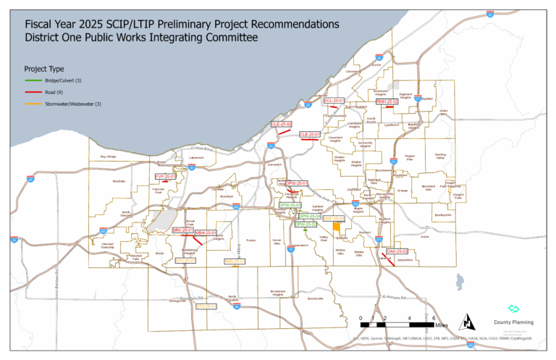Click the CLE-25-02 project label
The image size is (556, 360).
pyautogui.click(x=281, y=125)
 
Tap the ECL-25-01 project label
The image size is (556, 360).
pyautogui.click(x=334, y=101)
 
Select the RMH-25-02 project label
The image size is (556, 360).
pyautogui.click(x=387, y=101)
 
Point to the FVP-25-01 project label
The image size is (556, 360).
pyautogui.click(x=165, y=176)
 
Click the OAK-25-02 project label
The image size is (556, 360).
pyautogui.click(x=397, y=251)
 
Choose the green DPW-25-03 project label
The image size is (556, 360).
pyautogui.click(x=290, y=206)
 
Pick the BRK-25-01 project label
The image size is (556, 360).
pyautogui.click(x=182, y=230)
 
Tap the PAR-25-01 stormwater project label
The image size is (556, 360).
pyautogui.click(x=235, y=261)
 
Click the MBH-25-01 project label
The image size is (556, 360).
pyautogui.click(x=206, y=233)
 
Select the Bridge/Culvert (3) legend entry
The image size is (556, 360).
pyautogui.click(x=55, y=80)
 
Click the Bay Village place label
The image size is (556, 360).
pyautogui.click(x=108, y=156)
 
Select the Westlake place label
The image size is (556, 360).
pyautogui.click(x=119, y=181)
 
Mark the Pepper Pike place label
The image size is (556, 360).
pyautogui.click(x=410, y=156)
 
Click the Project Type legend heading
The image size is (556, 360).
pyautogui.click(x=44, y=68)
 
